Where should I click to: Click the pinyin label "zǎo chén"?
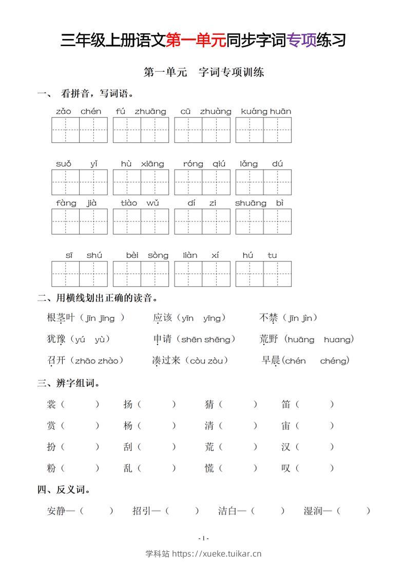coord(79,111)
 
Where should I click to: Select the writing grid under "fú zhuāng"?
coord(141,130)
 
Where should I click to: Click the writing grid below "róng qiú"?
coord(202,182)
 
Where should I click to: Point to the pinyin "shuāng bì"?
coord(260,203)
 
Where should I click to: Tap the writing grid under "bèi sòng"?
coord(141,274)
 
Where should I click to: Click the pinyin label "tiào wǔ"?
coord(140,203)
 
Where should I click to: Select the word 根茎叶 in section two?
coord(61,318)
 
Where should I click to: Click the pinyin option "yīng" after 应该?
coord(211,318)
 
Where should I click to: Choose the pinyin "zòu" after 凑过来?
coord(217,361)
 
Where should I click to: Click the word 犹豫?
coord(56,339)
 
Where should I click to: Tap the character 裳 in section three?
coord(51,404)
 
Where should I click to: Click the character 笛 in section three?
coord(286,404)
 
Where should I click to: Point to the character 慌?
coord(209,468)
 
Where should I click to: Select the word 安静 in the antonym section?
coord(57,511)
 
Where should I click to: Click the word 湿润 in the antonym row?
coord(314,511)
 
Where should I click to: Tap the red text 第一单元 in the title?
coord(196,40)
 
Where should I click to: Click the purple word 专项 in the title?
coord(302,40)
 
